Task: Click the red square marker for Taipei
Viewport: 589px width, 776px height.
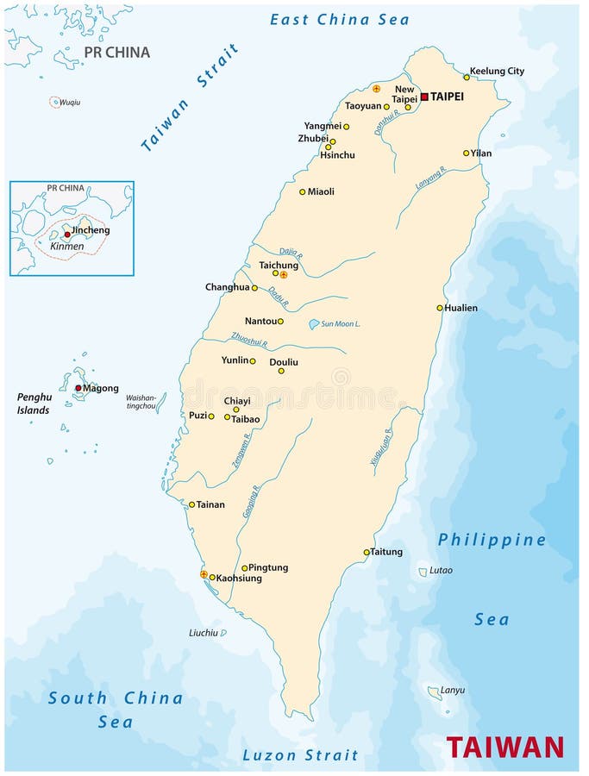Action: (x=424, y=97)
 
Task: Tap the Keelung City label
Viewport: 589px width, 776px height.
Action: (x=497, y=72)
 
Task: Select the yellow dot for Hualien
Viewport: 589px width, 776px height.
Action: (x=440, y=308)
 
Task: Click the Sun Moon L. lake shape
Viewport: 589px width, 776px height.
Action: (x=315, y=325)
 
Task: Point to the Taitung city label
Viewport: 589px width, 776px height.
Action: (x=387, y=552)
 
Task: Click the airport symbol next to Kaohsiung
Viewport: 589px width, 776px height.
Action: (x=204, y=574)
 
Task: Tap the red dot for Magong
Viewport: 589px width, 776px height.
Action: (x=78, y=388)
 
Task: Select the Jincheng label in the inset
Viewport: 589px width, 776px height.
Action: (x=91, y=230)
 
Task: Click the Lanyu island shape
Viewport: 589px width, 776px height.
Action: (x=434, y=692)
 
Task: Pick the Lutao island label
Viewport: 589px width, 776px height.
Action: (x=441, y=571)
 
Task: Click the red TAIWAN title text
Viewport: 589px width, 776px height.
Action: (x=505, y=746)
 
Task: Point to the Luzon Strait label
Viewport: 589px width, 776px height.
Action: (x=300, y=755)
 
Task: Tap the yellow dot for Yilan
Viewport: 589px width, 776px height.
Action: (x=467, y=153)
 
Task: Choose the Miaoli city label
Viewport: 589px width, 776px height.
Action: (x=321, y=191)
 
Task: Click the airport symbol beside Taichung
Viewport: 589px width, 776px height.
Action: (x=284, y=274)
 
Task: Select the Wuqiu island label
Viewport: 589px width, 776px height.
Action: (x=70, y=102)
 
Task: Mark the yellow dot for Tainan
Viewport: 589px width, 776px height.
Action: (x=192, y=504)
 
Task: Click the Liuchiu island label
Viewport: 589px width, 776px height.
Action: (x=204, y=633)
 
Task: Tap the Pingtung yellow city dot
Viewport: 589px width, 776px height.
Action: (x=245, y=568)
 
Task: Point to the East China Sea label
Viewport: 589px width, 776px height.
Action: (x=340, y=19)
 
